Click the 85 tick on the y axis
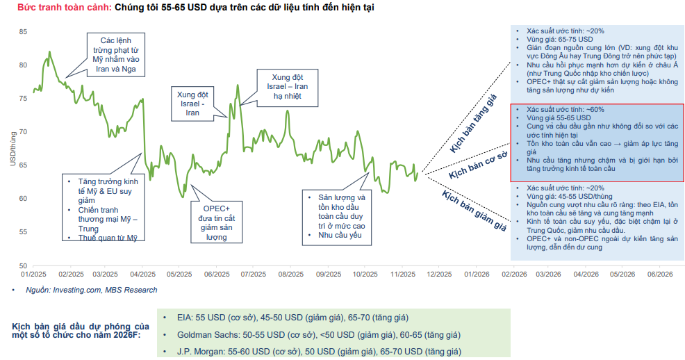[x=23, y=32]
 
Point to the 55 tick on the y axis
[x=23, y=232]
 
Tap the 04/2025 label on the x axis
[x=142, y=275]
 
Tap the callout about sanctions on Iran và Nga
[x=117, y=56]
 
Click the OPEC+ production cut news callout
[x=216, y=222]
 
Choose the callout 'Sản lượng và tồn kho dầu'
[x=336, y=216]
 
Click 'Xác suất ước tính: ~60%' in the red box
[x=565, y=110]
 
